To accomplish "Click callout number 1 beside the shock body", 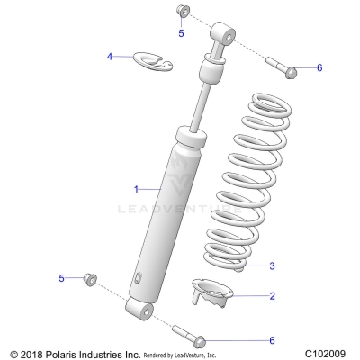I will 137,189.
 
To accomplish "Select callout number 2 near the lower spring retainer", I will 273,295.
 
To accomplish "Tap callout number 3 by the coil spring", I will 273,265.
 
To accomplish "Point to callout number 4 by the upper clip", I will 111,57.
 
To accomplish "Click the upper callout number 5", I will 180,33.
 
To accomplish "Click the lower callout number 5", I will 62,278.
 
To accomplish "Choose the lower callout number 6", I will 272,339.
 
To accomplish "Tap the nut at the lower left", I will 90,278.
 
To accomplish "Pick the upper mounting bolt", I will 281,65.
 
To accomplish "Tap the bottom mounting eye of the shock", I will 138,311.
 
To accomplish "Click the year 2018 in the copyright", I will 35,353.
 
